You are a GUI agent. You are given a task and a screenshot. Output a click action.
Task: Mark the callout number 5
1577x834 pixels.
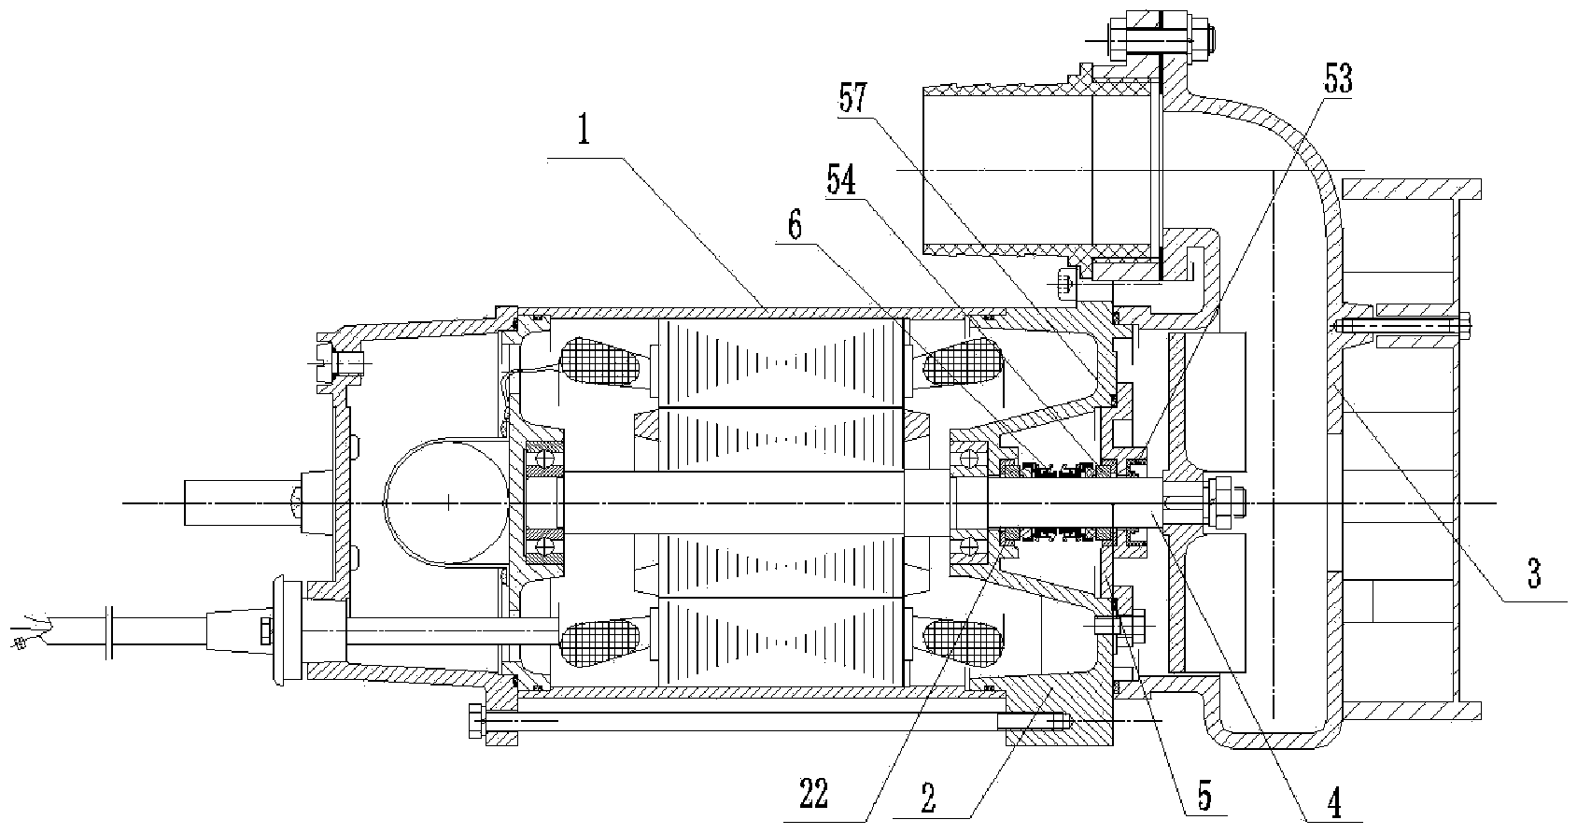pyautogui.click(x=1204, y=796)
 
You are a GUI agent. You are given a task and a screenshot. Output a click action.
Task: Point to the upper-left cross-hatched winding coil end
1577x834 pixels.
pyautogui.click(x=598, y=361)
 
